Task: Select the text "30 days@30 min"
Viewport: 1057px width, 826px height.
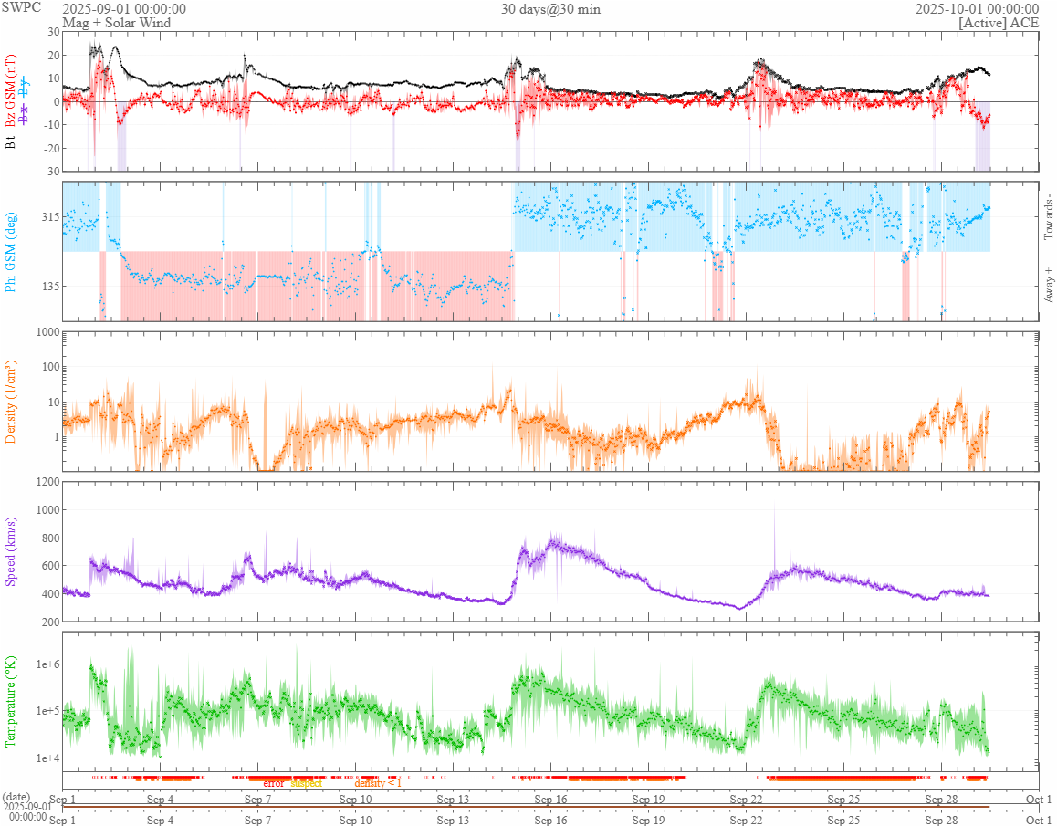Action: tap(550, 9)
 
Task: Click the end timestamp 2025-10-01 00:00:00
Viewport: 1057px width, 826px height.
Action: tap(977, 9)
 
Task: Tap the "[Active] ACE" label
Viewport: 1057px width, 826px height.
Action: tap(999, 23)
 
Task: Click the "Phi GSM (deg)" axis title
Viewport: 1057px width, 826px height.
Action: tap(12, 251)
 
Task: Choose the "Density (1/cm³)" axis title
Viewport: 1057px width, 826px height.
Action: tap(12, 402)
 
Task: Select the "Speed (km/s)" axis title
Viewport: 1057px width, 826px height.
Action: tap(12, 552)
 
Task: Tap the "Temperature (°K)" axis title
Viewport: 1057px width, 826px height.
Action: tap(12, 701)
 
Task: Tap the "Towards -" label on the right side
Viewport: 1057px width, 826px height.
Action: tap(1049, 217)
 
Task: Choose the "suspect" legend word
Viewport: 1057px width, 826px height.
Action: tap(306, 783)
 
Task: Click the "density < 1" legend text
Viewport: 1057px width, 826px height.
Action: tap(377, 783)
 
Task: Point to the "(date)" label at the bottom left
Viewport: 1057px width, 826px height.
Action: tap(16, 798)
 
